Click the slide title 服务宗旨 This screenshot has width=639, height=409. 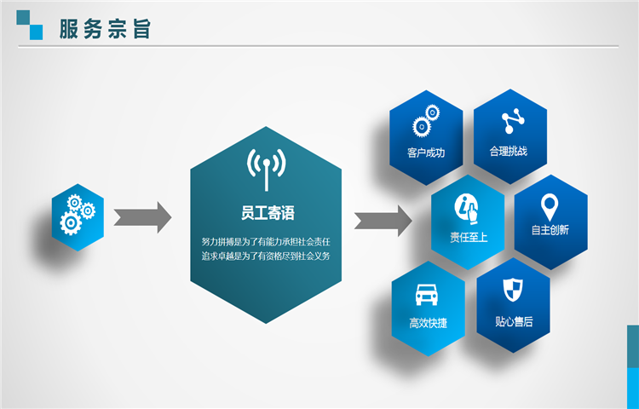point(105,29)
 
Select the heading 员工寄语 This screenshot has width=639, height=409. point(268,213)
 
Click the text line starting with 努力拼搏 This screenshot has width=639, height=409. point(266,242)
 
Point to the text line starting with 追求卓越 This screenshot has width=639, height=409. point(266,256)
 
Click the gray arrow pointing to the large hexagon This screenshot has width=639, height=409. point(142,217)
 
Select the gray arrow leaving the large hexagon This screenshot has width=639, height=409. point(383,221)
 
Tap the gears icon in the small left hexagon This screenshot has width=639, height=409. point(78,214)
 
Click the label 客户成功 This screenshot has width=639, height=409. point(426,153)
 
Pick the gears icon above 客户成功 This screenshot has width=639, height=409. point(426,121)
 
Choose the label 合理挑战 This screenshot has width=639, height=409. point(508,152)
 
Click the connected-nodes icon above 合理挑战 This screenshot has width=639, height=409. point(513,121)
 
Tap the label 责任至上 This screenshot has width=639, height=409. point(469,237)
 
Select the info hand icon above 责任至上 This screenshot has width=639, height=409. point(467,210)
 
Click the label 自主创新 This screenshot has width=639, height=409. point(550,230)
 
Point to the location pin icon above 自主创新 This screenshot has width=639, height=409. point(550,207)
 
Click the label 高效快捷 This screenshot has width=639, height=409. point(429,323)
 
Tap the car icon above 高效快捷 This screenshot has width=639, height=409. point(426,295)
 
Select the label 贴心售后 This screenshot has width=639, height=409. point(514,322)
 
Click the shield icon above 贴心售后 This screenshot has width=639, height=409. point(513,290)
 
